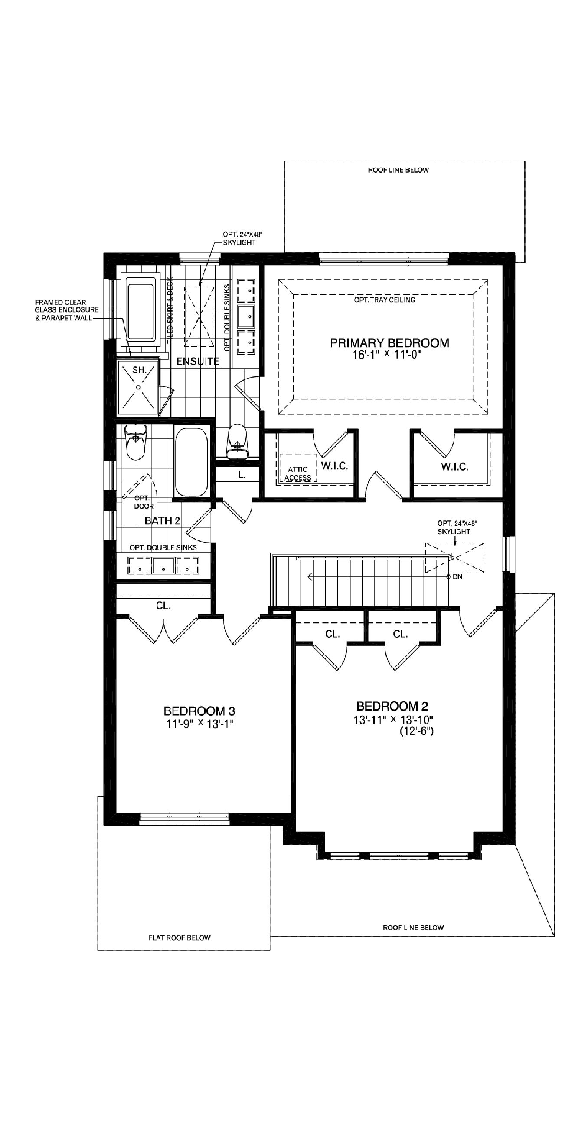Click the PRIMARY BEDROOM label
pyautogui.click(x=389, y=342)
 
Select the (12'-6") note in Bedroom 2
pyautogui.click(x=417, y=731)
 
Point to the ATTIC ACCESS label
pyautogui.click(x=297, y=474)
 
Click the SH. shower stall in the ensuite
pyautogui.click(x=138, y=387)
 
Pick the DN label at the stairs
pyautogui.click(x=457, y=576)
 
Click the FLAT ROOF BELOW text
pyautogui.click(x=180, y=938)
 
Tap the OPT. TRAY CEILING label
pyautogui.click(x=384, y=300)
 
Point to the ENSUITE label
pyautogui.click(x=197, y=361)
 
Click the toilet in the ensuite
pyautogui.click(x=237, y=441)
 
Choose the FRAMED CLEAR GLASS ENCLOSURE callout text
pyautogui.click(x=67, y=310)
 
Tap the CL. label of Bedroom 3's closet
pyautogui.click(x=163, y=606)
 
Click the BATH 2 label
pyautogui.click(x=162, y=520)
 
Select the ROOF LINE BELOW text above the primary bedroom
pyautogui.click(x=398, y=170)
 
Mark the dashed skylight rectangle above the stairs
pyautogui.click(x=455, y=557)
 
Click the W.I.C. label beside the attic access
pyautogui.click(x=334, y=466)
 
